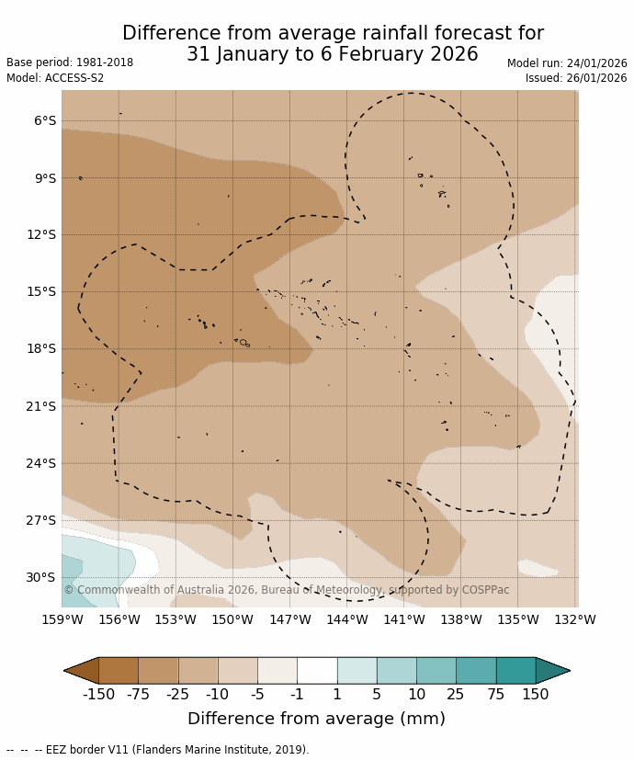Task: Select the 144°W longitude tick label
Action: tap(346, 620)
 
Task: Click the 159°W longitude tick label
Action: tap(62, 620)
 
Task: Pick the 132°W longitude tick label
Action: tap(574, 620)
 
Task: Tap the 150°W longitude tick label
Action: tap(232, 620)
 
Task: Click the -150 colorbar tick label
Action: tap(98, 695)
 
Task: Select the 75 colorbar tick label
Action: tap(496, 695)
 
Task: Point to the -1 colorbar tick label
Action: tap(297, 695)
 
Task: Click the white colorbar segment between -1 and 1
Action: tap(317, 671)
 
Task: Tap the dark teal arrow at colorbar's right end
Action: tap(551, 671)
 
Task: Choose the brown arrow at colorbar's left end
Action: tap(82, 671)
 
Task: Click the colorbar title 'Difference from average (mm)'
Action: tap(316, 719)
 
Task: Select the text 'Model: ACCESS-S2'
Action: tap(55, 78)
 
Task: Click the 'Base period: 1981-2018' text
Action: tap(70, 62)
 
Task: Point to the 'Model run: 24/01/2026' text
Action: tap(567, 63)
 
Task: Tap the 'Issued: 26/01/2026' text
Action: tap(576, 78)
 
